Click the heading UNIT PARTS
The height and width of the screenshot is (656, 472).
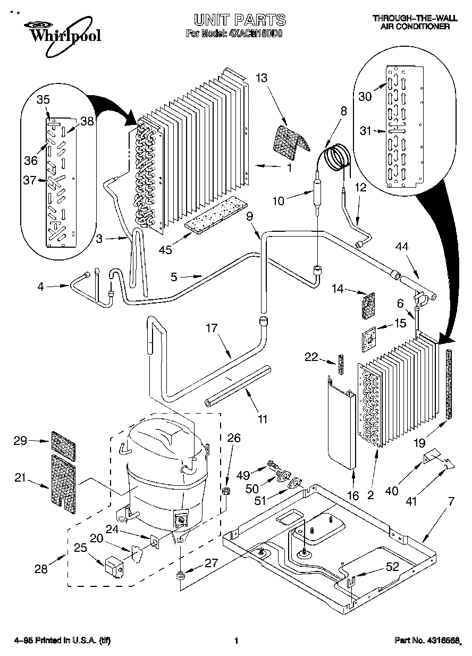click(240, 20)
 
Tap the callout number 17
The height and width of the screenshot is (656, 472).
click(212, 329)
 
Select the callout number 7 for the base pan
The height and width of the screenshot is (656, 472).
click(451, 500)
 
